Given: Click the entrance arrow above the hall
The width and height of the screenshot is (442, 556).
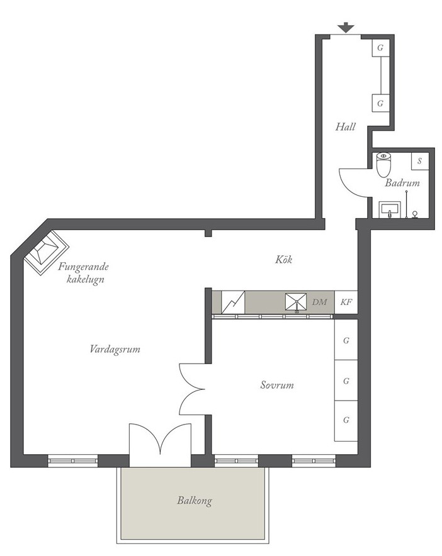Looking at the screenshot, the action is pos(346,28).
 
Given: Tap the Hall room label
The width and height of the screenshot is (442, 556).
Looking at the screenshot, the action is pos(346,126).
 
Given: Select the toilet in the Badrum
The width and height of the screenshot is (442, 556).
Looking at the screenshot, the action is pos(383,165).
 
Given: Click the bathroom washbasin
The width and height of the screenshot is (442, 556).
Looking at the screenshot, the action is pos(390,209).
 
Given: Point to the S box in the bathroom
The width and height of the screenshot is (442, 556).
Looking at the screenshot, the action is pos(419,162).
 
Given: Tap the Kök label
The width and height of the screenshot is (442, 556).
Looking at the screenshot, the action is pos(284,260).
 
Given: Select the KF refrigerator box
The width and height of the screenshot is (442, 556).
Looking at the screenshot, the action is pos(346,302).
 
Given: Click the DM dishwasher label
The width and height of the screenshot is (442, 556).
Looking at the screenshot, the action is pos(319,302).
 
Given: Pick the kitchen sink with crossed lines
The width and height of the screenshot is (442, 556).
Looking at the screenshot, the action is pos(296,303).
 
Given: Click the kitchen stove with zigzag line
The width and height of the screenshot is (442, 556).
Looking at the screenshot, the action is pos(233,302).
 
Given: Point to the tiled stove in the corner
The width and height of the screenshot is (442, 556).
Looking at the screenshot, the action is pos(46,252).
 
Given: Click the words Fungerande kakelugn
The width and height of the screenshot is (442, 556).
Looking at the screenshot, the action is pos(84,273).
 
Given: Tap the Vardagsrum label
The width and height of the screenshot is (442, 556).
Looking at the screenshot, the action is pos(115,349).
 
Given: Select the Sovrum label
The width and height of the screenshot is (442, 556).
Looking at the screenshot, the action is pos(277,385).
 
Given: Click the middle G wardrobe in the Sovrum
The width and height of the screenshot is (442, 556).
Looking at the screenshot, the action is pos(346,381).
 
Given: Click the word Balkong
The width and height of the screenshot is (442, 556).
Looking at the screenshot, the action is pos(195,501).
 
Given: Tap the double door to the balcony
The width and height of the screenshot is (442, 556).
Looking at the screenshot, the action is pos(160,445).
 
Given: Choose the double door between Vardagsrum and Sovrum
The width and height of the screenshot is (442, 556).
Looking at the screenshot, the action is pos(192,389).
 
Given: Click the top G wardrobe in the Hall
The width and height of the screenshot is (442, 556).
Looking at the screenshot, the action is pos(380,48).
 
